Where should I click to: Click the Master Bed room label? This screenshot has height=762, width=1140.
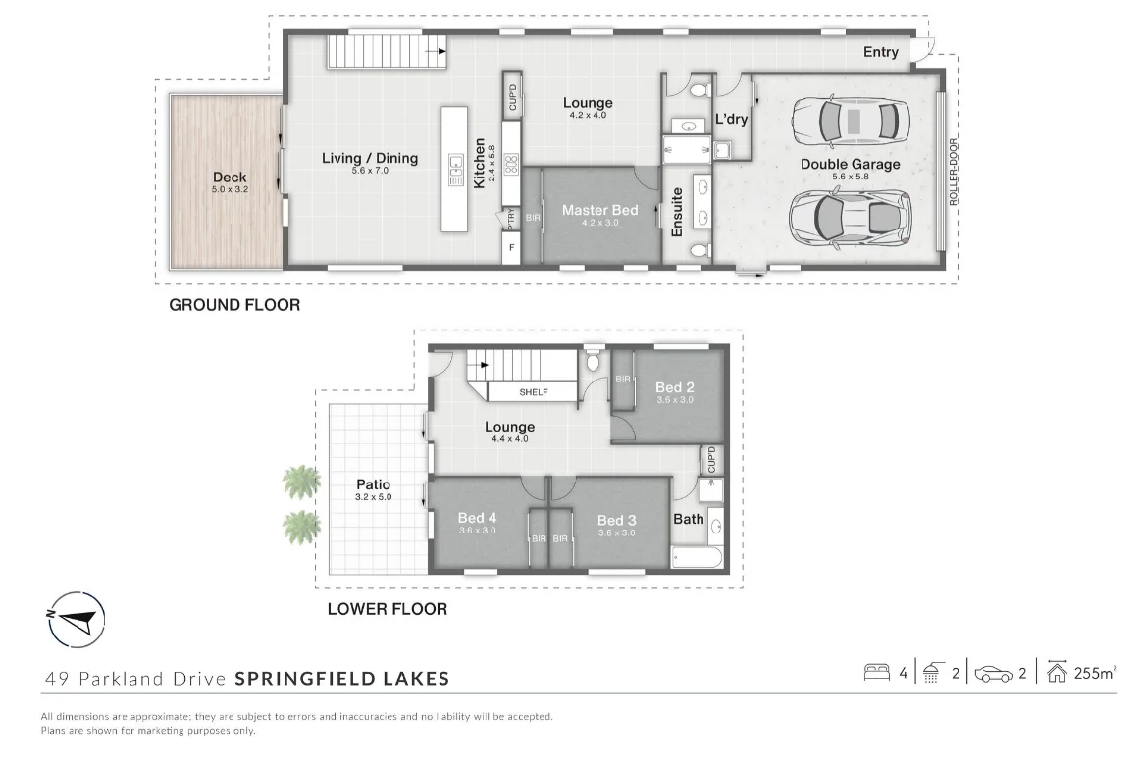point(599,210)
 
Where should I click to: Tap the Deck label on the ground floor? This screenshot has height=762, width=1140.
point(230,178)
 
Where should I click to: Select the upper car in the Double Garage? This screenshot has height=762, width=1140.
point(846,121)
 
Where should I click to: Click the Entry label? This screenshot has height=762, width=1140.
point(880,52)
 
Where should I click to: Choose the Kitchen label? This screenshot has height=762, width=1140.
point(480,163)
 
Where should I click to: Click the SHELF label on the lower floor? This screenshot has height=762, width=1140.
point(534,392)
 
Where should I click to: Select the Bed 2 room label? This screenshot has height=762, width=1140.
point(674,388)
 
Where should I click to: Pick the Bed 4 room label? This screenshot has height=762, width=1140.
point(477,519)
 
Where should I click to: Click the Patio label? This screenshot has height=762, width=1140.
point(373,484)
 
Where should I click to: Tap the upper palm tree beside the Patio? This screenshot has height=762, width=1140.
point(302,482)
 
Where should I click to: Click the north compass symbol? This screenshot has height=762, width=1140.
point(77,620)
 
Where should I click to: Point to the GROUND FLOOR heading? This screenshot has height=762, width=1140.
point(234,305)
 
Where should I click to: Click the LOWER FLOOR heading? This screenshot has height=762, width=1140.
point(387,609)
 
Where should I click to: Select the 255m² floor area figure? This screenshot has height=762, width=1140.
point(1097,673)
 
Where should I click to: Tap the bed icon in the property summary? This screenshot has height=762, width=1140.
point(876,673)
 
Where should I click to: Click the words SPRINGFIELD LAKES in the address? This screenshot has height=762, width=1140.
point(342,678)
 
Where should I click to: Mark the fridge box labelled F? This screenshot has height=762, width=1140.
point(510,249)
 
